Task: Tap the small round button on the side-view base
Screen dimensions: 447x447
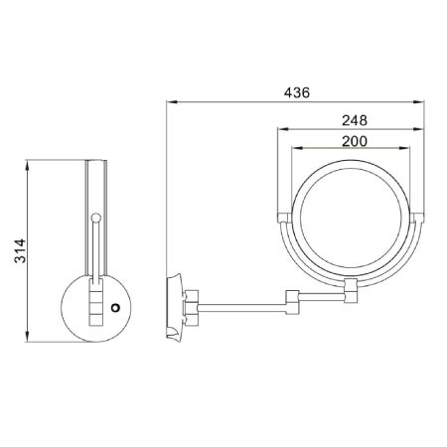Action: coord(116,307)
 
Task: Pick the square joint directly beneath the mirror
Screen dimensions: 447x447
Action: coord(350,291)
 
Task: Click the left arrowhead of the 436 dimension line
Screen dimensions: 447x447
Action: coord(170,102)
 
